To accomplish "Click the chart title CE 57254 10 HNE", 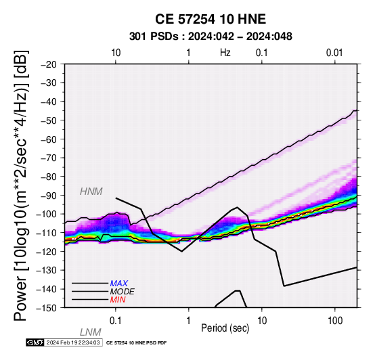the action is (x=211, y=19).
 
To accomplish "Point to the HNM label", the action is (x=91, y=192).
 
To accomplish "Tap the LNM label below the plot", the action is (x=91, y=332).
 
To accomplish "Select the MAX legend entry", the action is (x=119, y=284).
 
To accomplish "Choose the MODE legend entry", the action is (x=123, y=292).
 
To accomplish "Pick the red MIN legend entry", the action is (x=118, y=300).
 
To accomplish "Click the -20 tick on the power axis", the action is (x=49, y=64).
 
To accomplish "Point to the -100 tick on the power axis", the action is (x=47, y=214).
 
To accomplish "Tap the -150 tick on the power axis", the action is (x=47, y=308).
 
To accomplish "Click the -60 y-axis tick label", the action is (x=49, y=139).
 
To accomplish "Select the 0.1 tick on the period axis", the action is (x=116, y=321).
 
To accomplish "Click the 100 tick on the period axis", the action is (x=335, y=321).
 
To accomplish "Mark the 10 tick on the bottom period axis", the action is (x=262, y=321).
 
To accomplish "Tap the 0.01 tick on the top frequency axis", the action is (x=334, y=53).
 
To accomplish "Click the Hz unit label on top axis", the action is (x=225, y=53).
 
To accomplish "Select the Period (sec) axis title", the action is (x=225, y=328).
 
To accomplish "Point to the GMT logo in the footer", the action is (x=35, y=342).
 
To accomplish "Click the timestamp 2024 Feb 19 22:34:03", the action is (x=73, y=342).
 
